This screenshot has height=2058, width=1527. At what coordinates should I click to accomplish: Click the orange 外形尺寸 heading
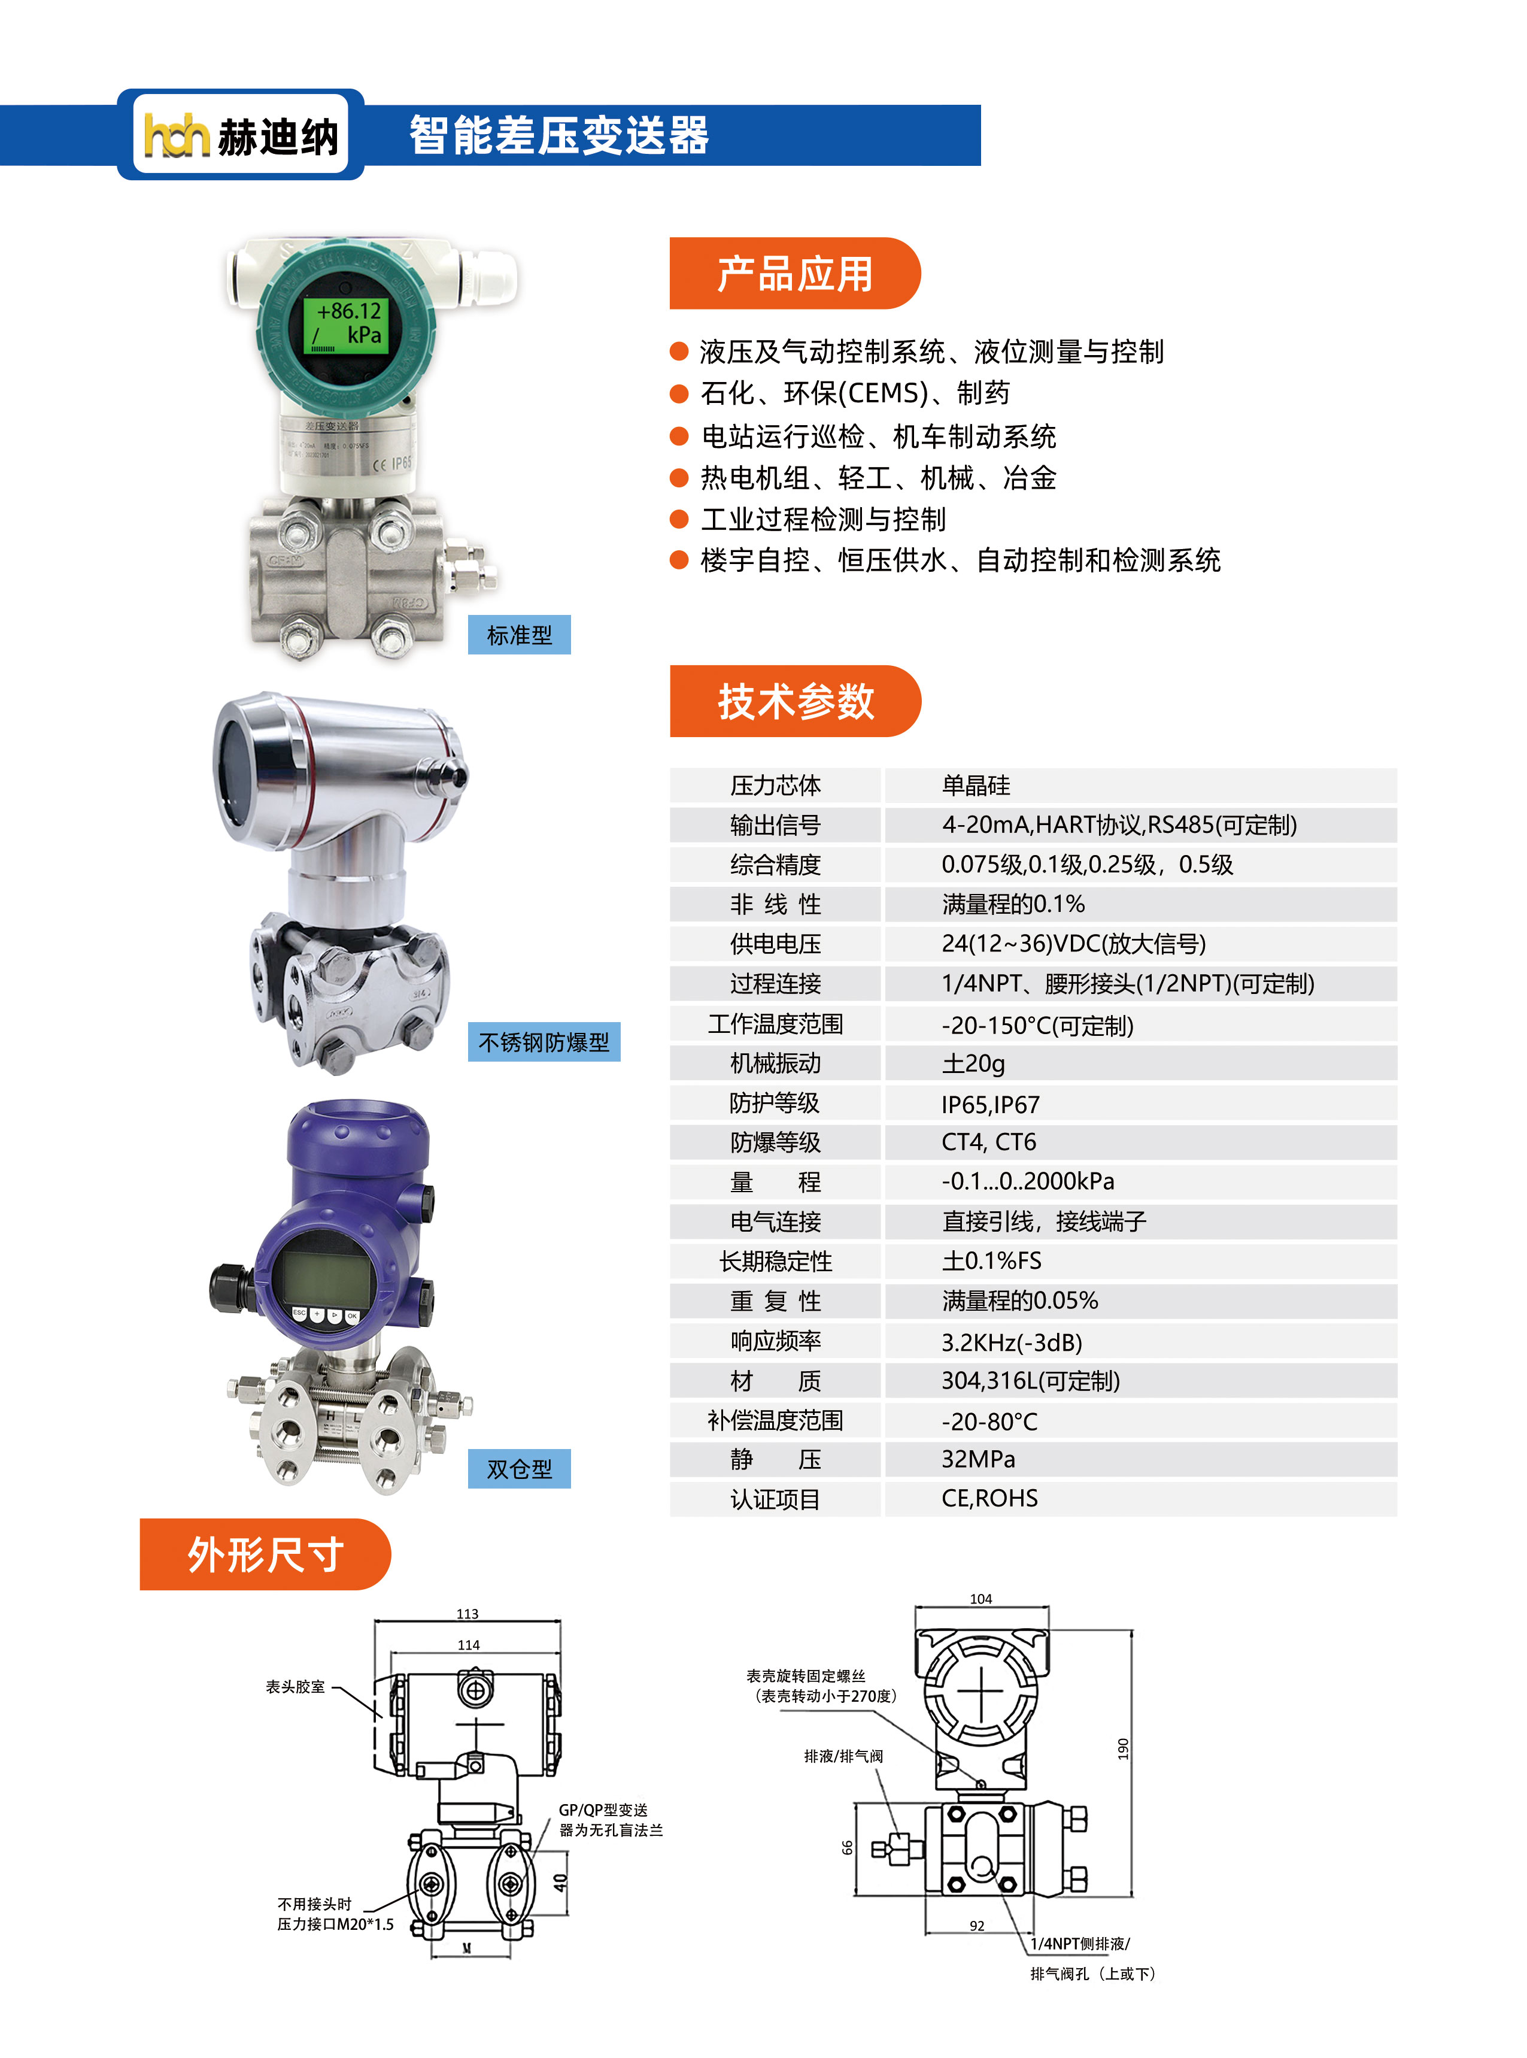(x=265, y=1554)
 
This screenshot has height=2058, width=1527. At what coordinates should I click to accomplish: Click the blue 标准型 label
(x=518, y=635)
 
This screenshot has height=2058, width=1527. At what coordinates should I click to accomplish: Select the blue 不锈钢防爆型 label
(x=544, y=1042)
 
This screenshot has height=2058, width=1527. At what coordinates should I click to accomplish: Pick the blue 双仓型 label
(x=518, y=1469)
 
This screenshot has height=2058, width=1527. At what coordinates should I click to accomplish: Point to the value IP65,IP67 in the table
(x=990, y=1105)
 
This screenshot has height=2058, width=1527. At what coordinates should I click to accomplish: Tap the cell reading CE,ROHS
(x=989, y=1499)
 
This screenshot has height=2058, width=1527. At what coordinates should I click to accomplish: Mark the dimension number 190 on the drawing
(x=1123, y=1749)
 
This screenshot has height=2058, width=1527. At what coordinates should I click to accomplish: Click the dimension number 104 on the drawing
(x=980, y=1599)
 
